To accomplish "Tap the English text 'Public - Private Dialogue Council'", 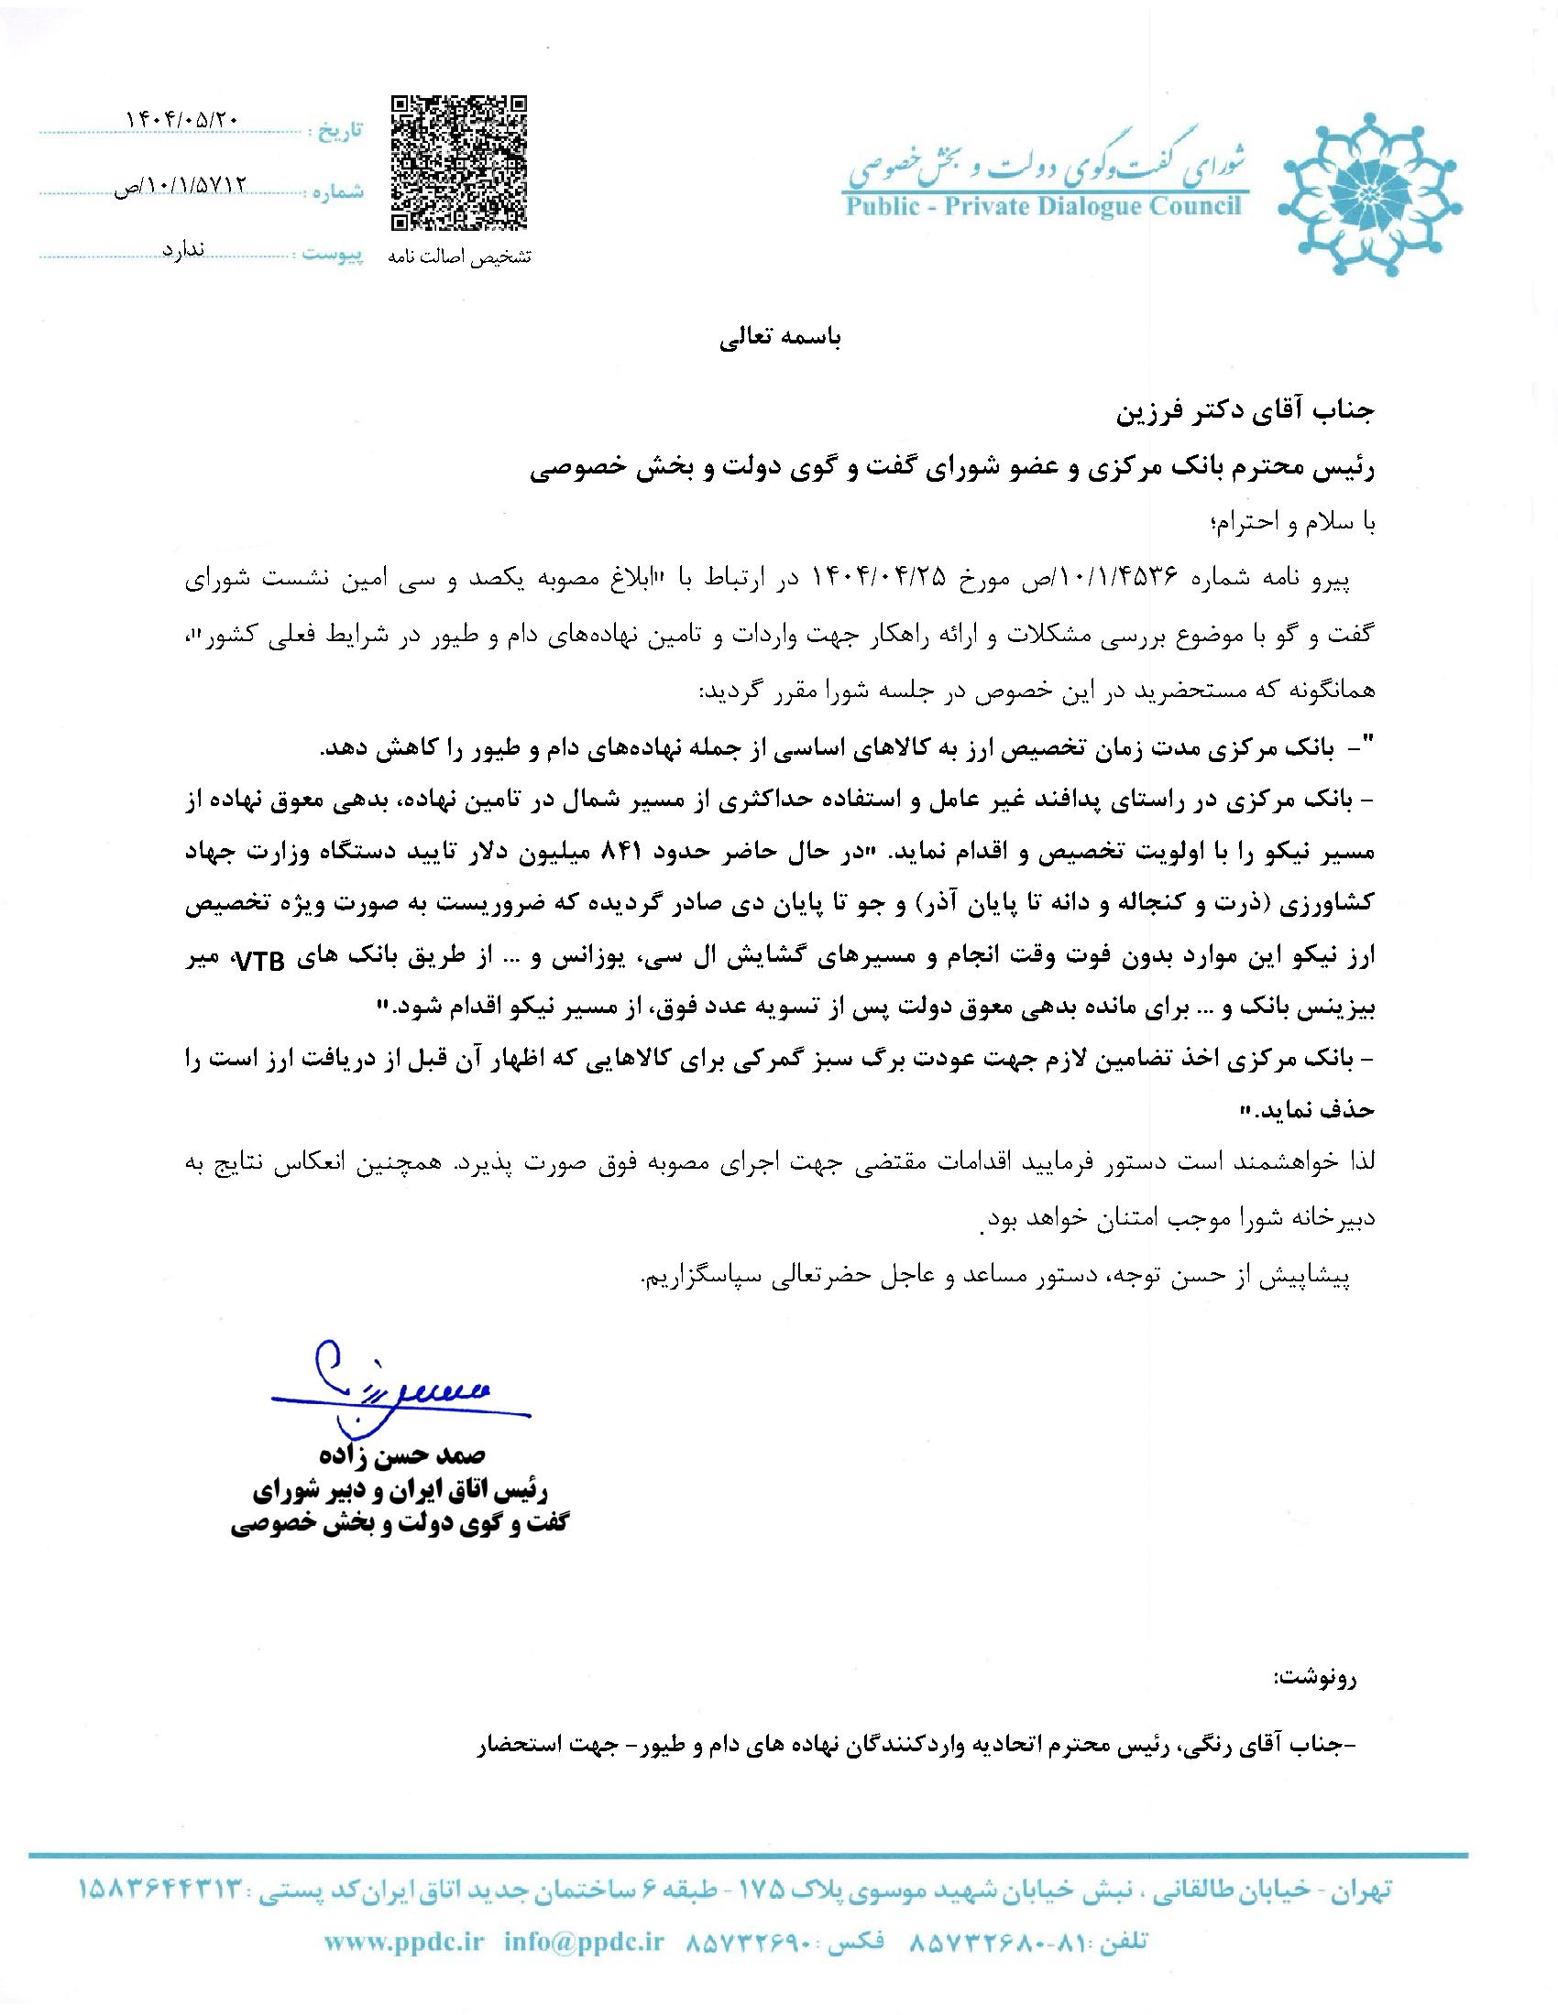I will click(1045, 206).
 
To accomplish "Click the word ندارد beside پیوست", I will click(182, 250).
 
